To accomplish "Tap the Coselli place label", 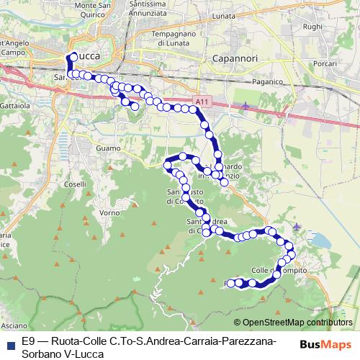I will pos(75,184).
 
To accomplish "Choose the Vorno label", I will pos(109,213).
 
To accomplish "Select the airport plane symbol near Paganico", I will pos(246,106).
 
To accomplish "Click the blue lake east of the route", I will pos(318,240).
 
